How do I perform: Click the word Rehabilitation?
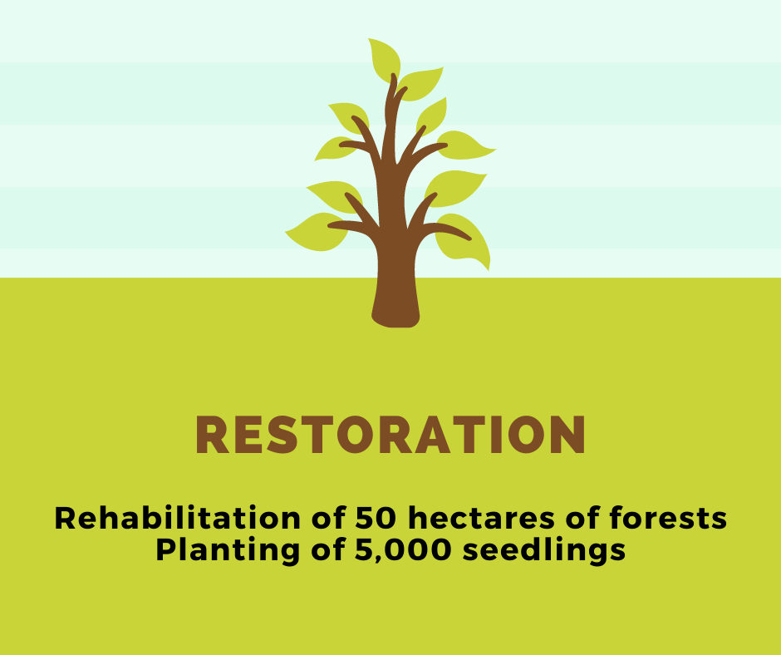click(177, 518)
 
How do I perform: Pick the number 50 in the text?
click(376, 518)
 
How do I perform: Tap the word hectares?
click(481, 518)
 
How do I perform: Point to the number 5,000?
click(403, 550)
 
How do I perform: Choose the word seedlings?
click(543, 551)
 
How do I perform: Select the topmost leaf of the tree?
click(385, 60)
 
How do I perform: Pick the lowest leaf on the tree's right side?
click(464, 242)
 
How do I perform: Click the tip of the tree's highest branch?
click(394, 76)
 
